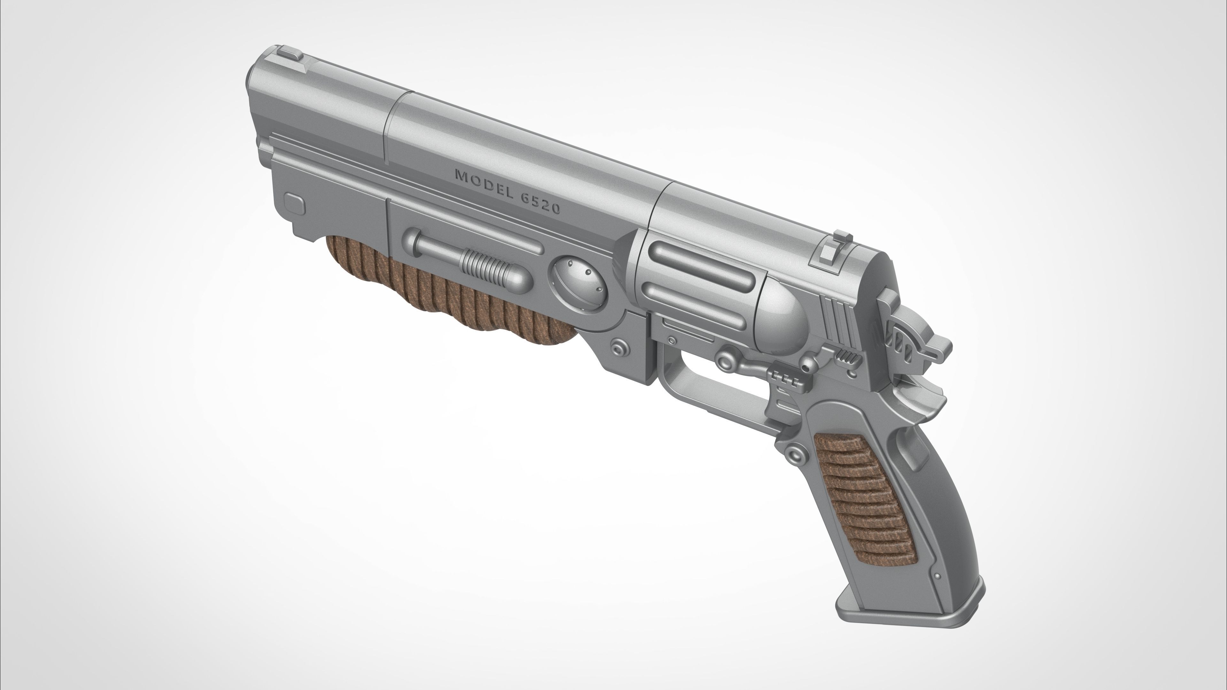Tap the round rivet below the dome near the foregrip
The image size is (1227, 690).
(618, 346)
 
